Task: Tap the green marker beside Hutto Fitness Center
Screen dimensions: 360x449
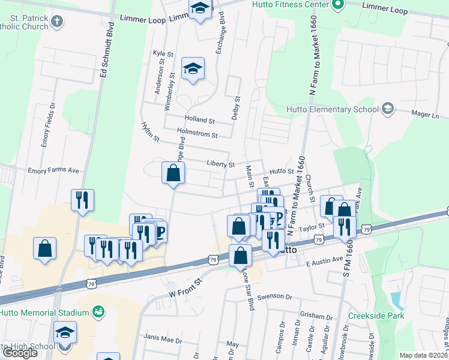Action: point(338,5)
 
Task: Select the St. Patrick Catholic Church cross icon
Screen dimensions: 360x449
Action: point(57,22)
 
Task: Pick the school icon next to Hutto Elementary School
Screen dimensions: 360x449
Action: point(388,109)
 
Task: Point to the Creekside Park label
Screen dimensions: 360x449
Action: point(376,316)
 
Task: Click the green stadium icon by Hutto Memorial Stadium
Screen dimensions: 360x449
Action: point(98,312)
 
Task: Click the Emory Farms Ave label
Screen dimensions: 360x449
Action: point(53,170)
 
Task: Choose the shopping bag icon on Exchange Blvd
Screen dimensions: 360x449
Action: point(173,173)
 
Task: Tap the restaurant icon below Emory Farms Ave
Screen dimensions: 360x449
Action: point(82,200)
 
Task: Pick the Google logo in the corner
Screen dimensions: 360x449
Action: point(19,353)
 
